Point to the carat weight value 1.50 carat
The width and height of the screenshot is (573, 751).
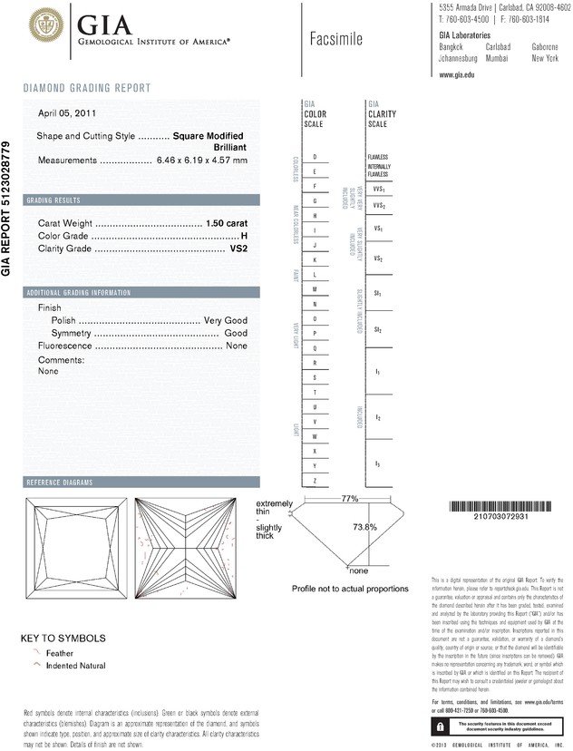pyautogui.click(x=227, y=223)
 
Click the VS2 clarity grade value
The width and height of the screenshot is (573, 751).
pyautogui.click(x=238, y=248)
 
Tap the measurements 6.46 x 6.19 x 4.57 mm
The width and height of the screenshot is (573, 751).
pyautogui.click(x=202, y=161)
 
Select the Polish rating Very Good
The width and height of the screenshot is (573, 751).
pyautogui.click(x=226, y=321)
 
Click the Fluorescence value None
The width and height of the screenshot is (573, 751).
pyautogui.click(x=237, y=346)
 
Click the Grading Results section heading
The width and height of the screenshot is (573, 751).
pyautogui.click(x=53, y=200)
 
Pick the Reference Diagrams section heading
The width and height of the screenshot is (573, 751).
pyautogui.click(x=60, y=482)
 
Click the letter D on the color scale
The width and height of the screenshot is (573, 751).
pyautogui.click(x=314, y=157)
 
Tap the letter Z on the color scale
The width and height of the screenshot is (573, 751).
pyautogui.click(x=314, y=480)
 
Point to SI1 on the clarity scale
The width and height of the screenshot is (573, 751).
pyautogui.click(x=377, y=295)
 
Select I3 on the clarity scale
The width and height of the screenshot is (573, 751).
pyautogui.click(x=377, y=463)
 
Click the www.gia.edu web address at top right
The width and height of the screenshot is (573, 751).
pyautogui.click(x=457, y=74)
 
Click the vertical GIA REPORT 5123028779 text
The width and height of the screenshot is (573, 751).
pyautogui.click(x=7, y=208)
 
